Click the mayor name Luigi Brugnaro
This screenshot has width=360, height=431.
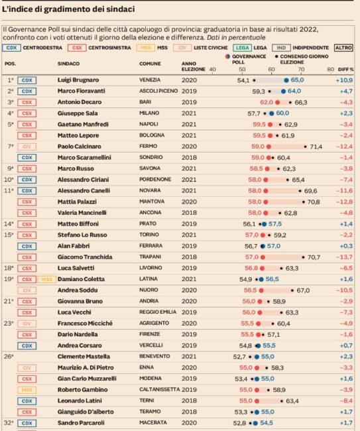[x=78, y=80]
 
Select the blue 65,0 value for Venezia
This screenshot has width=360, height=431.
[x=297, y=80]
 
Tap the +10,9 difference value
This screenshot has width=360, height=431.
[x=344, y=80]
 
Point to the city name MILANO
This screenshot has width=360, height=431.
[x=149, y=113]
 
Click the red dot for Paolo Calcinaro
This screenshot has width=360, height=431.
[x=269, y=147]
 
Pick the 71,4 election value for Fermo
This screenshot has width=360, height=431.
[x=316, y=147]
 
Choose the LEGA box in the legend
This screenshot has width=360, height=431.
[x=243, y=48]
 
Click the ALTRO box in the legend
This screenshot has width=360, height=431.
[x=343, y=48]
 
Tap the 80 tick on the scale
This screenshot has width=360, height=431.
[x=331, y=69]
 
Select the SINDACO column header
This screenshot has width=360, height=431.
[x=68, y=64]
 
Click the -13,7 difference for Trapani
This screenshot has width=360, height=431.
[x=344, y=257]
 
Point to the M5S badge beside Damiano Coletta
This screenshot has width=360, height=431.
[x=46, y=280]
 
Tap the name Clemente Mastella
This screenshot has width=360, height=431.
[x=84, y=357]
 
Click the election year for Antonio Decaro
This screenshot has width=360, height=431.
[x=189, y=102]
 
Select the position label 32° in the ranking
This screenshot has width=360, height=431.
[x=9, y=423]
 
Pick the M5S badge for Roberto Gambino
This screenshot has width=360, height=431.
[x=27, y=390]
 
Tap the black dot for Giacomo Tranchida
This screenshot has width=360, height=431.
[x=303, y=257]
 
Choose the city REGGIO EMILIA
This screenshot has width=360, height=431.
[x=158, y=312]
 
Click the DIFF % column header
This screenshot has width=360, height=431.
[x=345, y=69]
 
